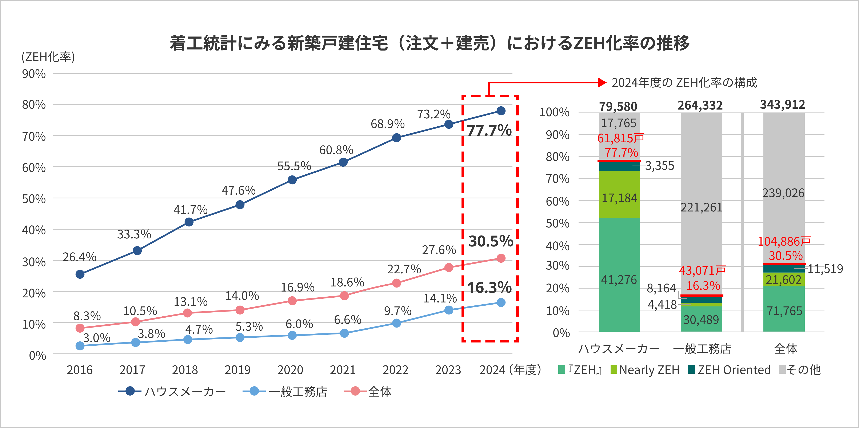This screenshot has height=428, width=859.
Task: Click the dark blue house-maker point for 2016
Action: click(x=80, y=274)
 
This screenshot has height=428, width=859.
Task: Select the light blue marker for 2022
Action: click(x=396, y=323)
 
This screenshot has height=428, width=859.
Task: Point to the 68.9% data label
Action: click(x=387, y=124)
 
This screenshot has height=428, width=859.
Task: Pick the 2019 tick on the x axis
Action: click(x=237, y=370)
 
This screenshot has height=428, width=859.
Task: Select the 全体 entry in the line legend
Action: click(x=379, y=392)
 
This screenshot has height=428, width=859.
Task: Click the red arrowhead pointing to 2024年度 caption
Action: click(x=602, y=83)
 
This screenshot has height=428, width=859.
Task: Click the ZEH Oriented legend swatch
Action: click(x=691, y=369)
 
